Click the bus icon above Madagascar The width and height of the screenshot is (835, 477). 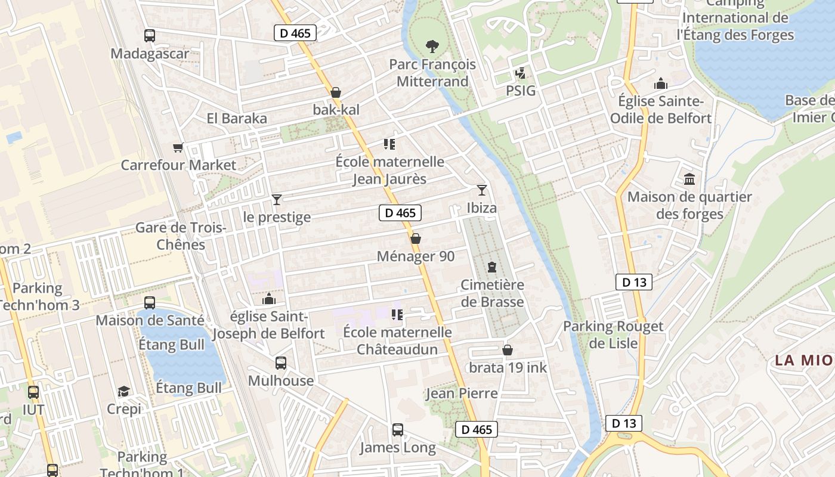tap(150, 36)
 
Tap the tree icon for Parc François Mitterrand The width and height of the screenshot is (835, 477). tap(432, 46)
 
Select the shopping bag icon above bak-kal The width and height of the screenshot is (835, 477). tap(336, 92)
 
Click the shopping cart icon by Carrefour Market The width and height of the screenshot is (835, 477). tap(178, 147)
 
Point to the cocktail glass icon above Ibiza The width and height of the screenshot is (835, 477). tap(482, 190)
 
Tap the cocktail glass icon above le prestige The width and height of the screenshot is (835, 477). tap(277, 199)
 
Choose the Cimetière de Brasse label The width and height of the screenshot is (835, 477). tap(492, 293)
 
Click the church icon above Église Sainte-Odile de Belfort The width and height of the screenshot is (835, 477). tap(661, 83)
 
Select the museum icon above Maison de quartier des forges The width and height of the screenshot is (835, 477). tap(690, 179)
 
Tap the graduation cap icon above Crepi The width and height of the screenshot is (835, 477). tap(124, 391)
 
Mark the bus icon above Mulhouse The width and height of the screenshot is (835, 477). tap(281, 363)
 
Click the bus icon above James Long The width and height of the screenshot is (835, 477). tap(398, 429)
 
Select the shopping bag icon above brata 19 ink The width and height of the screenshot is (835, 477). tap(508, 349)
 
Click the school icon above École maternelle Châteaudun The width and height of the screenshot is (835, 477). tap(397, 314)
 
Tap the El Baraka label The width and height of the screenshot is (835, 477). tap(237, 118)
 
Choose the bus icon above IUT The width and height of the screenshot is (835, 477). tap(33, 392)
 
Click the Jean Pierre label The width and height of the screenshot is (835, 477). tap(461, 394)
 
